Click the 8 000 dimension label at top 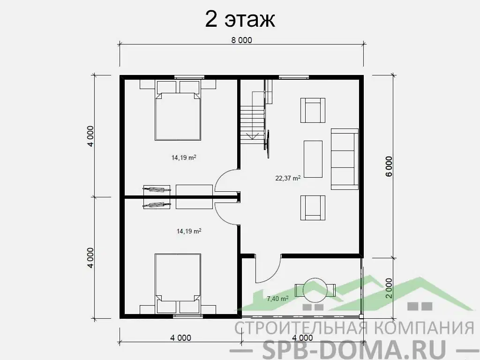click(241, 40)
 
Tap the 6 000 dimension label click(389, 166)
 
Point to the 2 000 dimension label click(389, 288)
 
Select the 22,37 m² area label click(288, 178)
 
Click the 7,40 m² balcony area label click(277, 298)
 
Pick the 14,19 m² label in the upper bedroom click(184, 157)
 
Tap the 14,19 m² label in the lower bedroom click(189, 231)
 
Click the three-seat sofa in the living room click(345, 159)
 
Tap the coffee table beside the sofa click(313, 159)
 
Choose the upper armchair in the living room click(313, 110)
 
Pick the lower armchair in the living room click(313, 208)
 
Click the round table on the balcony click(315, 290)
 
